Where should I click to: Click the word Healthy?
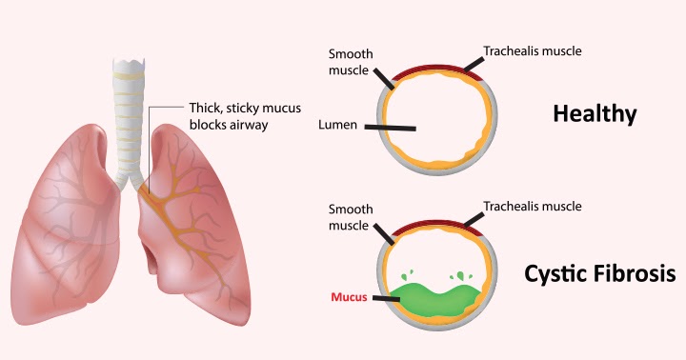tap(594, 115)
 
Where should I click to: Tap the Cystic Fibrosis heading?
tap(599, 274)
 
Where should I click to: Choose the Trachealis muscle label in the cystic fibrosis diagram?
tap(531, 206)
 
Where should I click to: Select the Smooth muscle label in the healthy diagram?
tap(349, 61)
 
